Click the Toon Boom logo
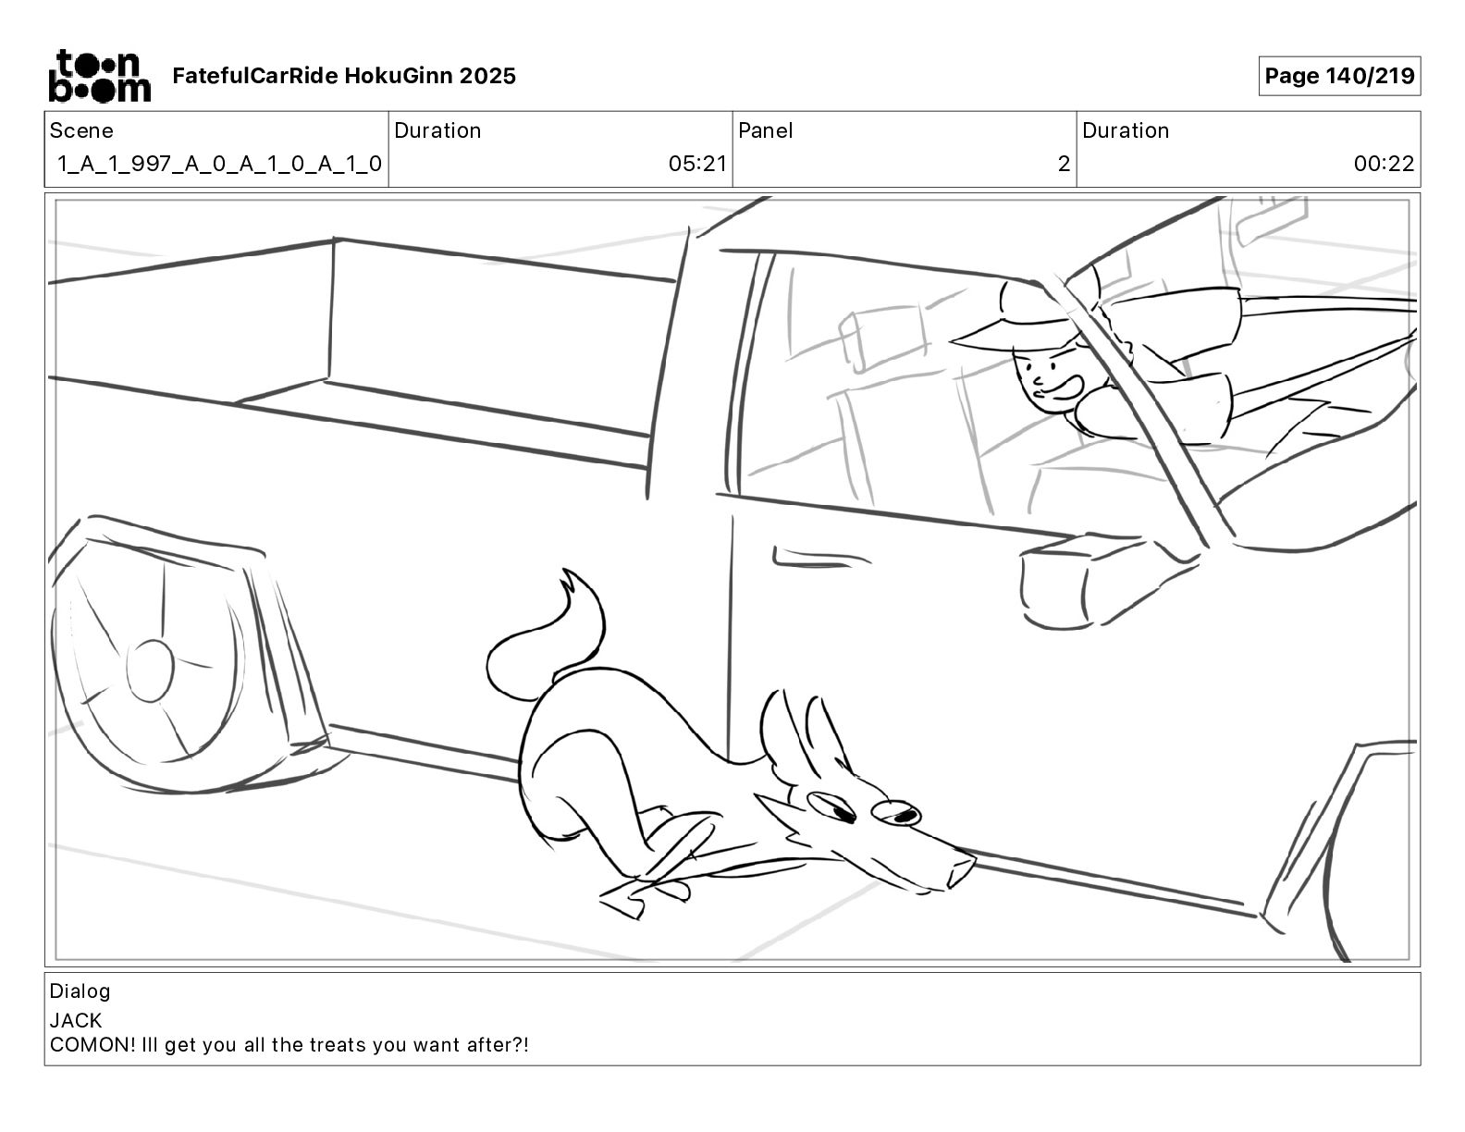pyautogui.click(x=99, y=76)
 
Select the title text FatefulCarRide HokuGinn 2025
pyautogui.click(x=344, y=76)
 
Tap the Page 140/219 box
pyautogui.click(x=1338, y=76)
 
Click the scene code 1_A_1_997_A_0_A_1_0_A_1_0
pyautogui.click(x=219, y=165)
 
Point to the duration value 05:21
pyautogui.click(x=697, y=165)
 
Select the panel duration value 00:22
pyautogui.click(x=1384, y=165)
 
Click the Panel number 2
pyautogui.click(x=1064, y=165)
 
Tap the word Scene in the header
pyautogui.click(x=81, y=130)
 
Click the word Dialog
pyautogui.click(x=80, y=991)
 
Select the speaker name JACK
pyautogui.click(x=76, y=1021)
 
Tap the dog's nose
pyautogui.click(x=962, y=867)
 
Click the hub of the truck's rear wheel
pyautogui.click(x=150, y=669)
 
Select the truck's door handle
pyautogui.click(x=805, y=558)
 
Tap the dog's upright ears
pyautogui.click(x=795, y=731)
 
